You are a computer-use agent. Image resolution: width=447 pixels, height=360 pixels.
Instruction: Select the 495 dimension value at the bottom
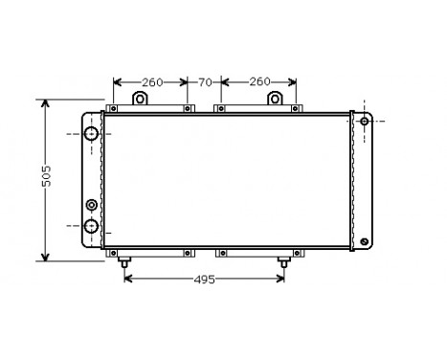202,280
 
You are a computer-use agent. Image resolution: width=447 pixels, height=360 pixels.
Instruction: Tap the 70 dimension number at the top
204,82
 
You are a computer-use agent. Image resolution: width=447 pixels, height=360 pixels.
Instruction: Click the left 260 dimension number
150,82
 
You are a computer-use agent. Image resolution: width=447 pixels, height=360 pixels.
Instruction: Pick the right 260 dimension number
257,82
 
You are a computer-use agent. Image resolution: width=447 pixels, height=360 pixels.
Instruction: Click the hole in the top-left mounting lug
139,99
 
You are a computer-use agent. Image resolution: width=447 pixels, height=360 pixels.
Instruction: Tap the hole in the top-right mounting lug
276,99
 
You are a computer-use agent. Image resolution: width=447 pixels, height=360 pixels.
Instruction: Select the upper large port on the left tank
92,134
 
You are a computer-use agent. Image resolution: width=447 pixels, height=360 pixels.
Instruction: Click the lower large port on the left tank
92,226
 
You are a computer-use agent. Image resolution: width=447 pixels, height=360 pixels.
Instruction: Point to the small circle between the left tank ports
92,205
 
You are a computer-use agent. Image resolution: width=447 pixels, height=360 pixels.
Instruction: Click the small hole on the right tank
364,122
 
